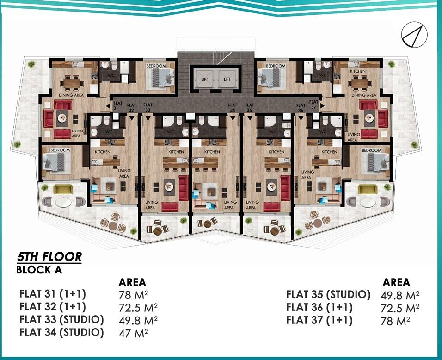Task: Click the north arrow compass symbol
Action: (414, 34)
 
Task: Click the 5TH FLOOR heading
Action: (49, 256)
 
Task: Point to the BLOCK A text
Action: (39, 270)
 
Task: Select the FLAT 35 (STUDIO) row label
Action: (328, 294)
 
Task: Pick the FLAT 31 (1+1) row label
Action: (53, 294)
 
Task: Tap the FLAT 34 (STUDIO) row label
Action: (61, 332)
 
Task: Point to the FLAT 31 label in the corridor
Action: (116, 105)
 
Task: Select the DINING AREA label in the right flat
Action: (364, 95)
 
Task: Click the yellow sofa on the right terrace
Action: (368, 189)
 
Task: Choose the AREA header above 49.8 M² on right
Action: (396, 282)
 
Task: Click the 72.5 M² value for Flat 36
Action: (400, 307)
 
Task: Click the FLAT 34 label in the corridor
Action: (233, 108)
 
